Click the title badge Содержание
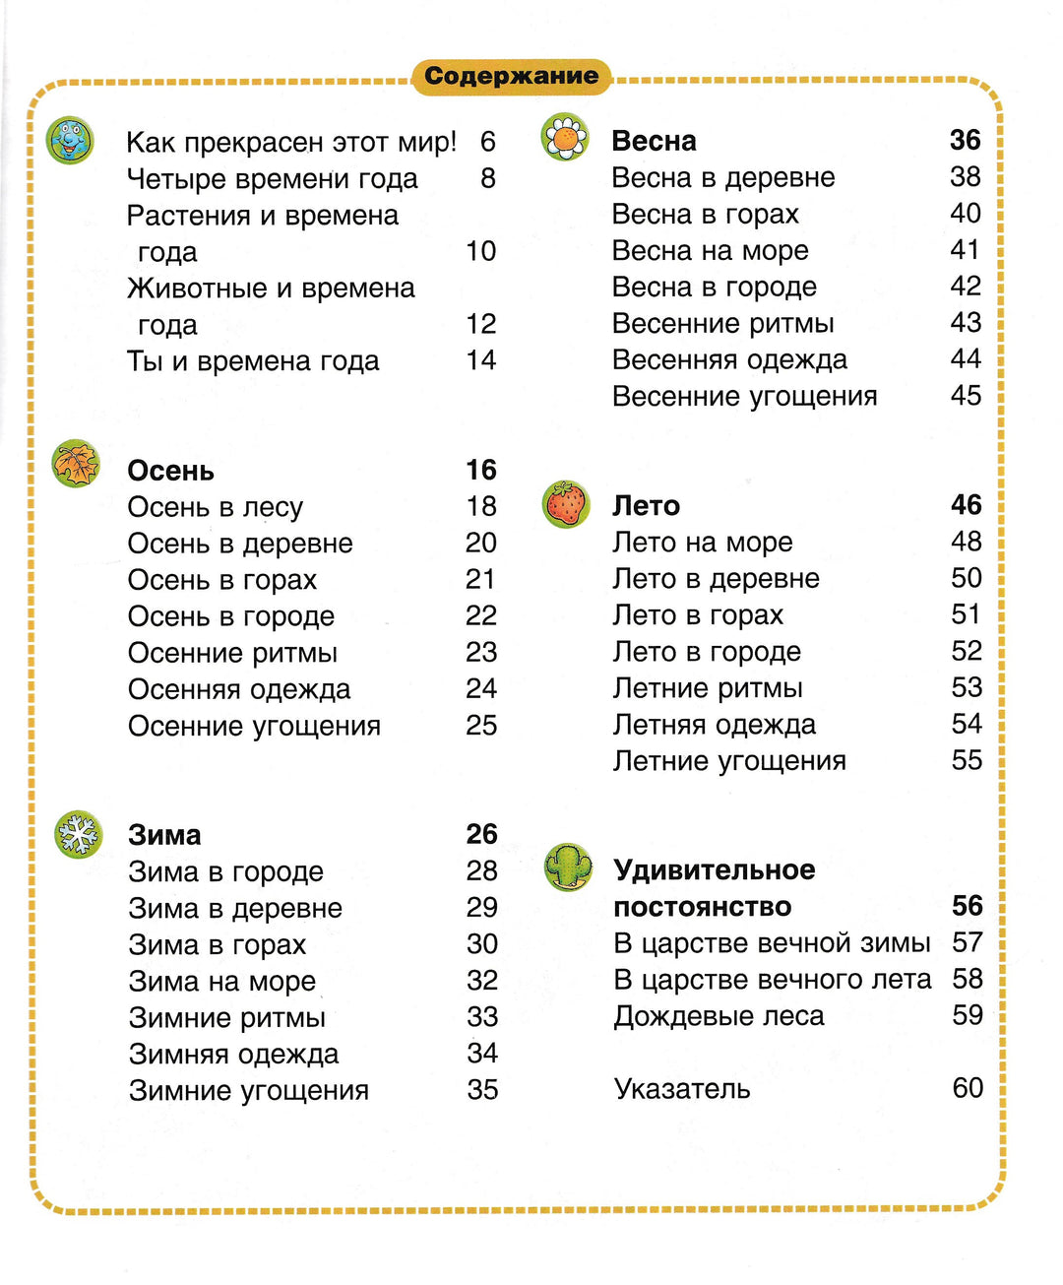pyautogui.click(x=511, y=76)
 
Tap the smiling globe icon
pyautogui.click(x=70, y=141)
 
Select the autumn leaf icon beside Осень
pyautogui.click(x=76, y=464)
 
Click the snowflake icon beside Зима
pyautogui.click(x=79, y=835)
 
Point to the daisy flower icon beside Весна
pyautogui.click(x=565, y=138)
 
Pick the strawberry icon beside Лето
pyautogui.click(x=566, y=504)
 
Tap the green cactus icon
pyautogui.click(x=569, y=868)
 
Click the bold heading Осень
pyautogui.click(x=170, y=471)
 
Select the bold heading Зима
pyautogui.click(x=164, y=835)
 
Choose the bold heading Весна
pyautogui.click(x=654, y=141)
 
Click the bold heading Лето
pyautogui.click(x=646, y=505)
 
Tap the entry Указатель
pyautogui.click(x=681, y=1088)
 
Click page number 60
pyautogui.click(x=968, y=1087)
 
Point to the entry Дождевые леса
pyautogui.click(x=719, y=1015)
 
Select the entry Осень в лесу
pyautogui.click(x=215, y=507)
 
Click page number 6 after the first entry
pyautogui.click(x=487, y=142)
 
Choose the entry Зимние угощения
pyautogui.click(x=248, y=1090)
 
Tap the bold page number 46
pyautogui.click(x=967, y=505)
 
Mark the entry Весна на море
pyautogui.click(x=710, y=250)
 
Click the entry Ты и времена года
pyautogui.click(x=252, y=360)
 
